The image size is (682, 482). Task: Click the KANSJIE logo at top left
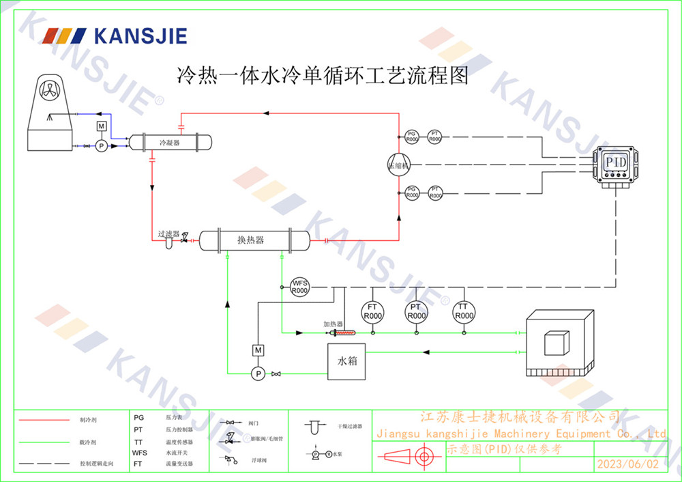[114, 36]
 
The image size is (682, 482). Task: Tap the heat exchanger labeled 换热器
[253, 240]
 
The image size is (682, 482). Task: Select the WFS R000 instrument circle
[299, 287]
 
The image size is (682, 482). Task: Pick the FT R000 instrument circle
[372, 312]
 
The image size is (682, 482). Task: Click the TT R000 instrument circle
[464, 312]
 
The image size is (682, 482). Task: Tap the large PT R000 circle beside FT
[416, 312]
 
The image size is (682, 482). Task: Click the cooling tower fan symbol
[51, 89]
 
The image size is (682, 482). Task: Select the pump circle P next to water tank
[258, 373]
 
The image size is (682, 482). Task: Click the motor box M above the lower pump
[258, 350]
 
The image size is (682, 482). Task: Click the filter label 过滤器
[168, 233]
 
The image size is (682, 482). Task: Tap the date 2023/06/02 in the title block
[628, 464]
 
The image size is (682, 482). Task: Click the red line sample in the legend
[44, 420]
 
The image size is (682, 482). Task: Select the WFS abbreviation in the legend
[139, 452]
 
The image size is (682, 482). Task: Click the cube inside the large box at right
[556, 342]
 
